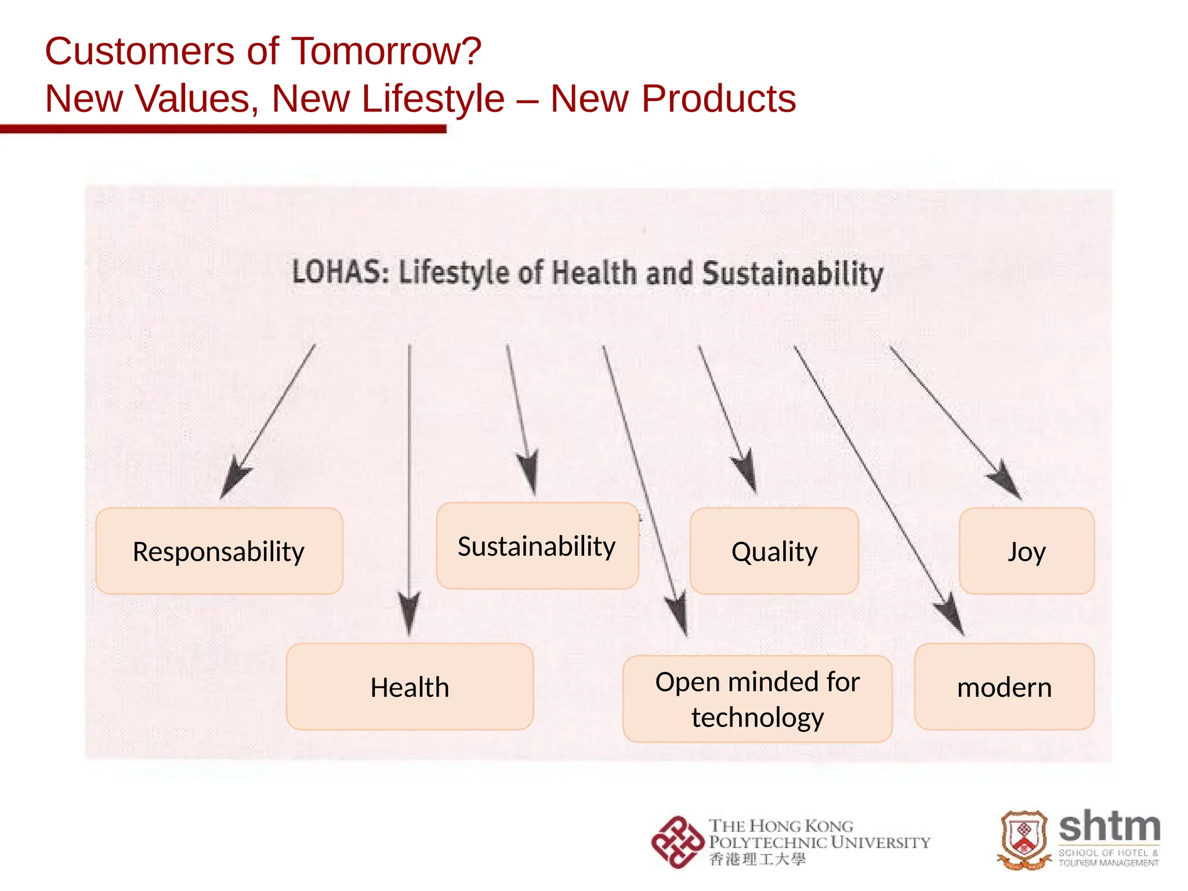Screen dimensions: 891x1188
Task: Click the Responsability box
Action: click(x=219, y=551)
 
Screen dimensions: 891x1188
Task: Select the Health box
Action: click(x=410, y=687)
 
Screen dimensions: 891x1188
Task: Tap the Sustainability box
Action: click(x=537, y=546)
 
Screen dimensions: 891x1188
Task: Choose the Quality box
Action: click(x=774, y=551)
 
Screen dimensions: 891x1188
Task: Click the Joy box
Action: click(x=1026, y=551)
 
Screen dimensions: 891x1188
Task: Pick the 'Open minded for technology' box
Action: click(x=757, y=699)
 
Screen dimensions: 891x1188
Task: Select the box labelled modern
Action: click(x=1004, y=687)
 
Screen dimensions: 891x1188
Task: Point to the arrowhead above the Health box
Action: click(x=409, y=615)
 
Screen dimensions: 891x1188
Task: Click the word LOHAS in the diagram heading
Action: click(x=339, y=272)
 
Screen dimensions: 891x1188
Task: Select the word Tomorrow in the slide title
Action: click(x=386, y=51)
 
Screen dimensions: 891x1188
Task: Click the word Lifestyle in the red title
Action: click(x=387, y=99)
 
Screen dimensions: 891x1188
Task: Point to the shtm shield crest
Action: click(x=1024, y=840)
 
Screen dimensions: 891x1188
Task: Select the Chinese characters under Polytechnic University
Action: click(x=757, y=859)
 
